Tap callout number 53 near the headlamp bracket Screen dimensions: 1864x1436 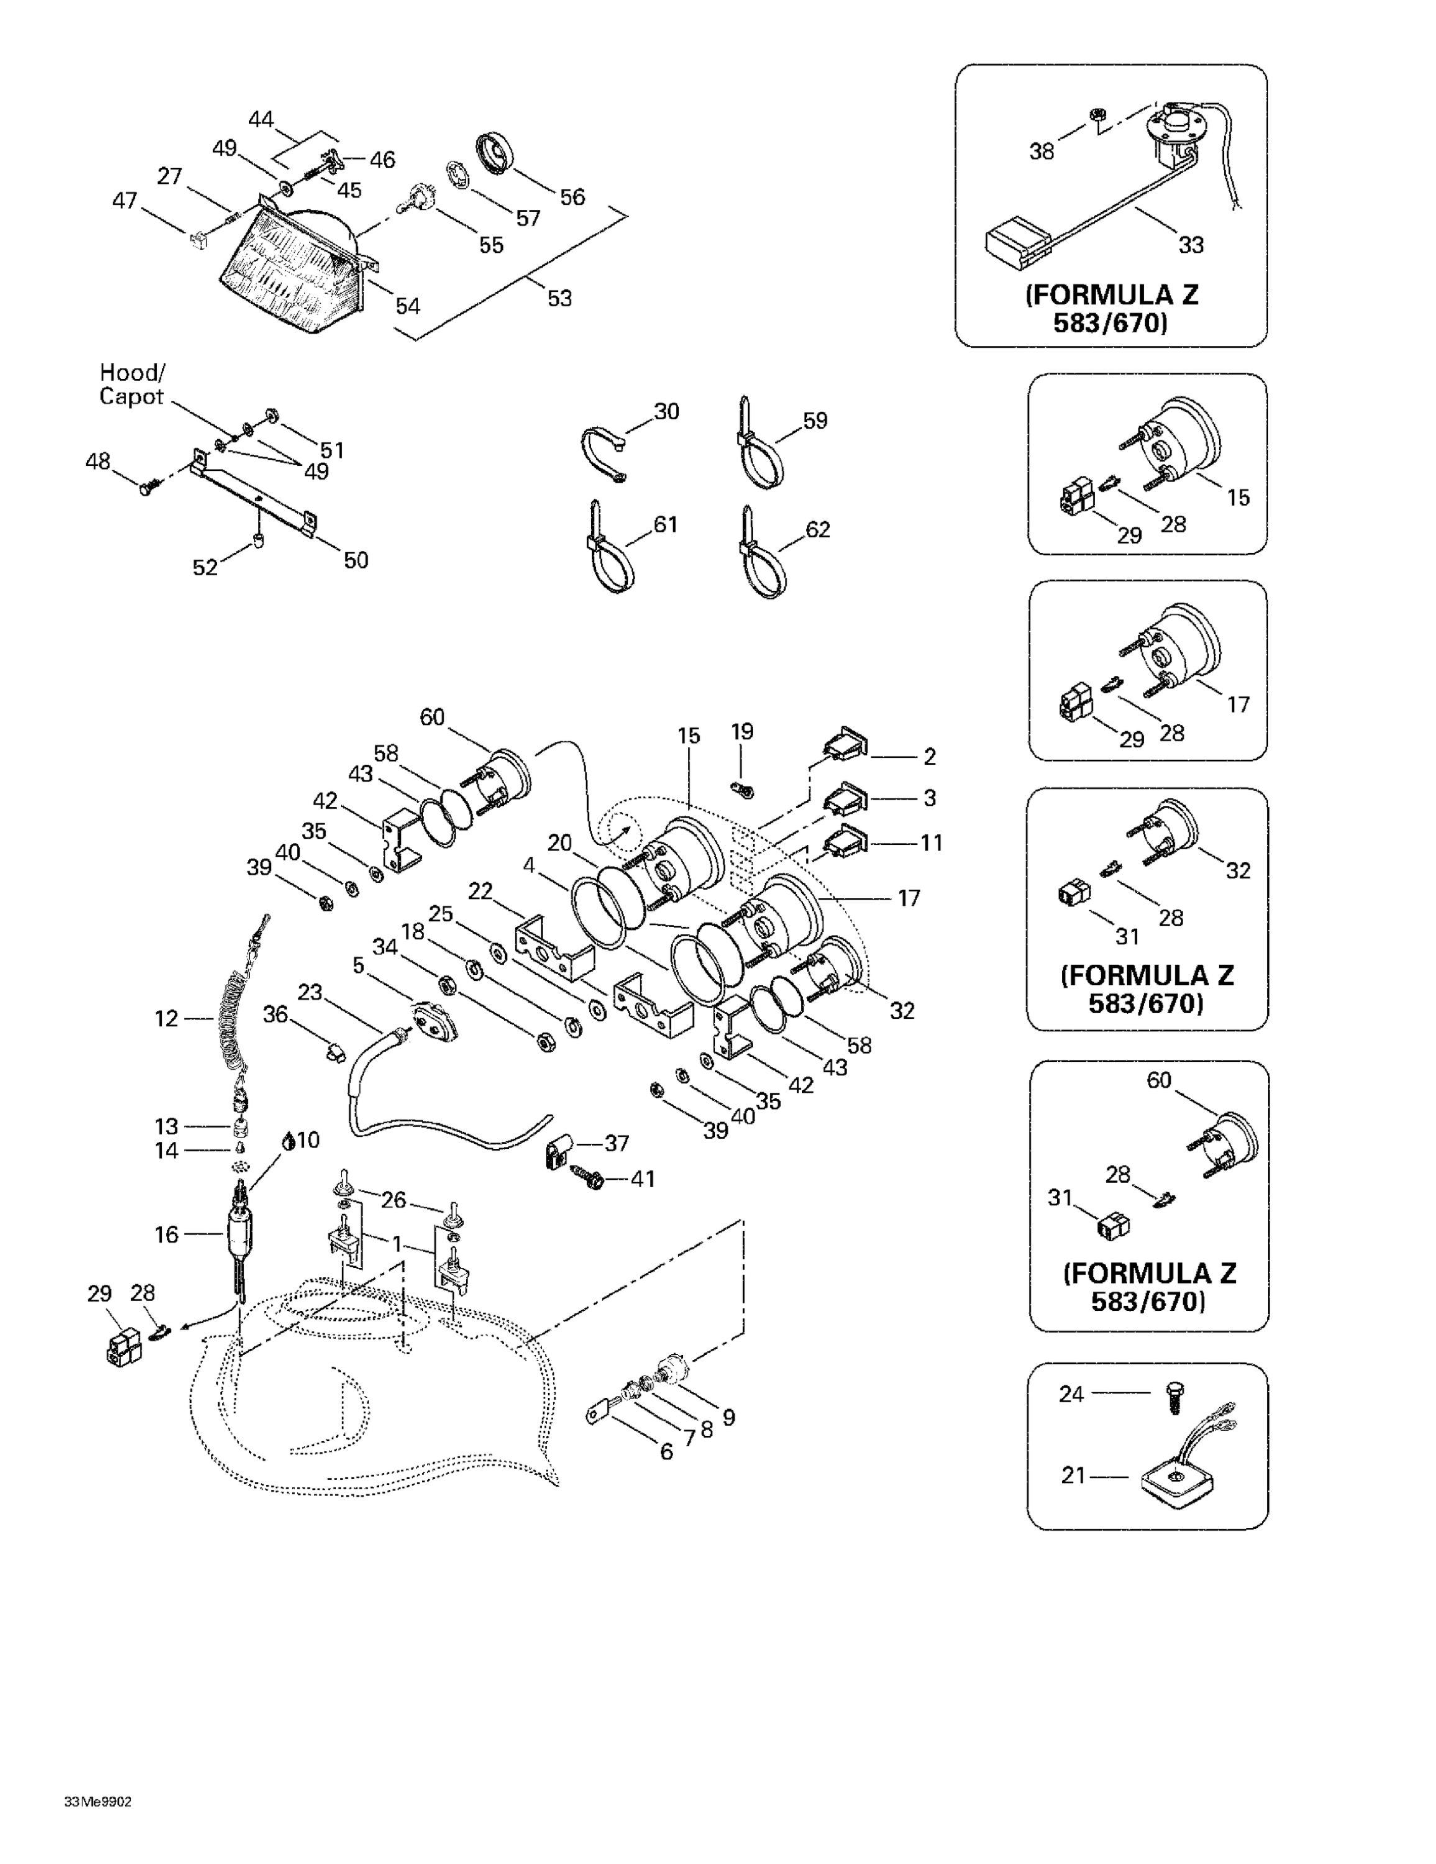point(559,299)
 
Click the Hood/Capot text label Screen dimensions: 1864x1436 point(132,384)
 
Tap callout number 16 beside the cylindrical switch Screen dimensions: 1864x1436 point(167,1234)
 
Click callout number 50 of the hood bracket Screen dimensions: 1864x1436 point(356,560)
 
